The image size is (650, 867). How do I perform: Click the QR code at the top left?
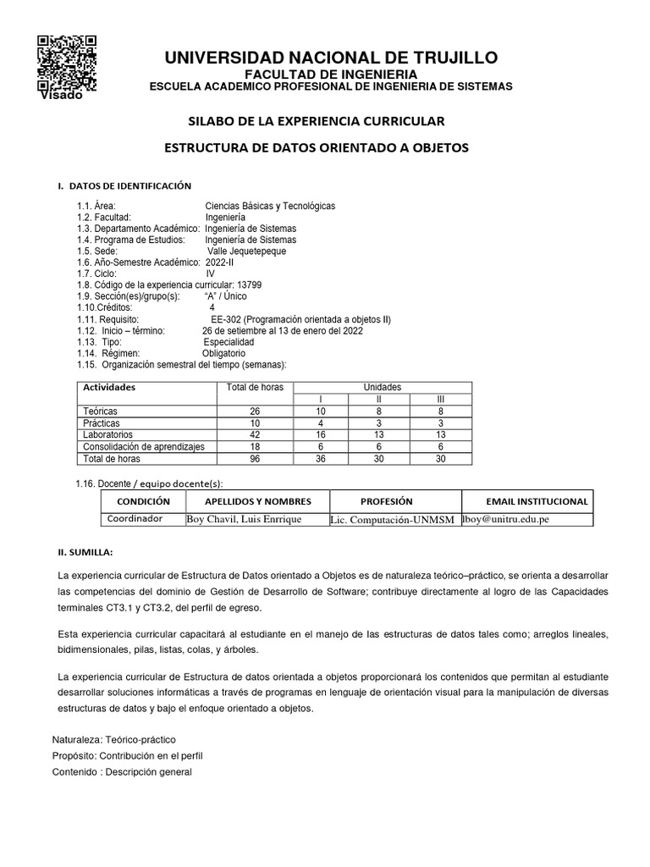tap(67, 62)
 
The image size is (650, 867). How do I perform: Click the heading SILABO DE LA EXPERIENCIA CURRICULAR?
tap(315, 121)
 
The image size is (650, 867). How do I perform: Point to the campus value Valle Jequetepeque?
tap(247, 251)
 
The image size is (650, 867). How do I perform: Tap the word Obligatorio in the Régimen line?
tap(223, 353)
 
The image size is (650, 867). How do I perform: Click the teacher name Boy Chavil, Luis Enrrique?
tap(243, 519)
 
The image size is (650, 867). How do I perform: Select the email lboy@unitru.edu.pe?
tap(505, 519)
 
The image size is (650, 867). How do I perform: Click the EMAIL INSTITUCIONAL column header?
tap(537, 501)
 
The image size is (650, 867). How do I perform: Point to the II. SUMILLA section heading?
tap(85, 552)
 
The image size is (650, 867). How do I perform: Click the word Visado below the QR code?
tap(61, 95)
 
